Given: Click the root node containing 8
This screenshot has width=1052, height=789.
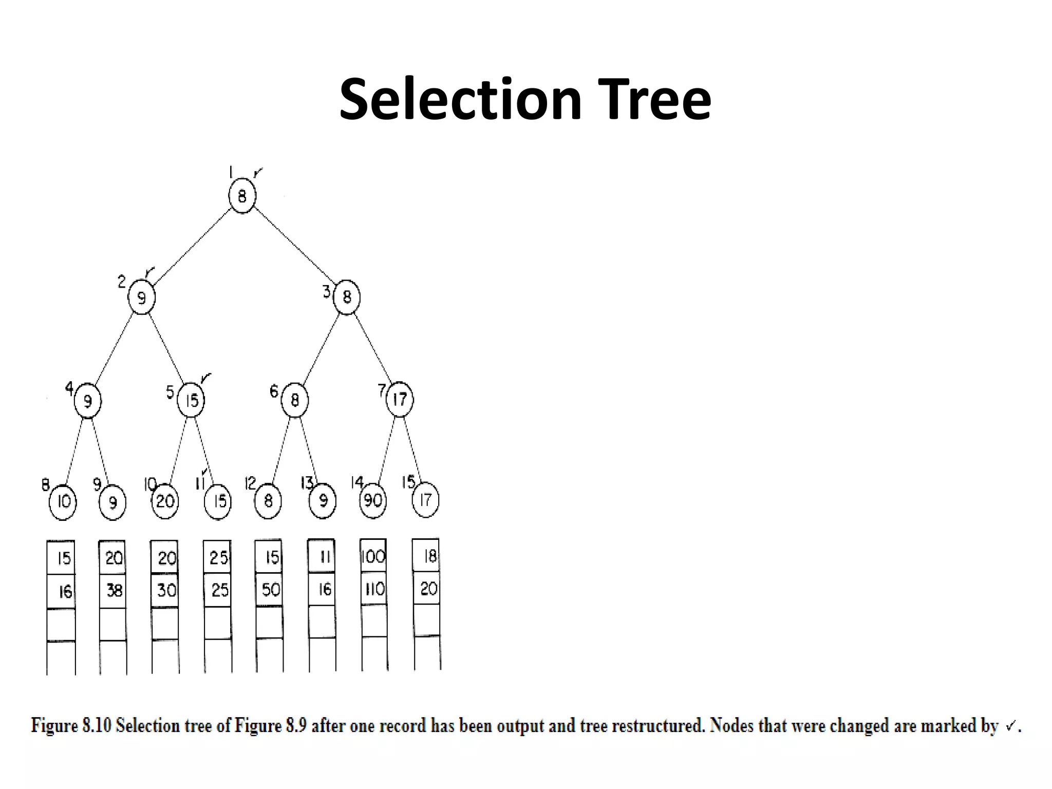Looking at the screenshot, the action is pos(242,196).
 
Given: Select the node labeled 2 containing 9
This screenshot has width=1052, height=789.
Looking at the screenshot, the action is pos(141,297).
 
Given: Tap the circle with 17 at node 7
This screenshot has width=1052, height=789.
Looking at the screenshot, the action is pos(400,399).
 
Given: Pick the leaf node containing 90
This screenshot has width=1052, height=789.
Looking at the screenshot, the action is pos(373,500).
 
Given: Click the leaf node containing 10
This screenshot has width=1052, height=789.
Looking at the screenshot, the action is pos(63,501).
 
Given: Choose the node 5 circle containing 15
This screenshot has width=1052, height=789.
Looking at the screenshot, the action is pos(191,400).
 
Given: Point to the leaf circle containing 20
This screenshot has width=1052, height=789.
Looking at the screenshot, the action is pos(165,501).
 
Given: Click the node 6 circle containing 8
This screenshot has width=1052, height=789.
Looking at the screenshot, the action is pos(295,400).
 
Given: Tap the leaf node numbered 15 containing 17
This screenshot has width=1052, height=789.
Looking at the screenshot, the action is pos(426,500).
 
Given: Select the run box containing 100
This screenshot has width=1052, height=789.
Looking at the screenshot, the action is pos(373,556).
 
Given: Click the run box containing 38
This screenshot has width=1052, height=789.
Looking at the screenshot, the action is pos(113,591).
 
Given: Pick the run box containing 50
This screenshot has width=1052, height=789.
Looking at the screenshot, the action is pos(270,589).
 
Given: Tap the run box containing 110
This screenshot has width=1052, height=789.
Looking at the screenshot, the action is pos(374,589).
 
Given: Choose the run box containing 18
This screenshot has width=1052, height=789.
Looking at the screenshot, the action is pos(426,555).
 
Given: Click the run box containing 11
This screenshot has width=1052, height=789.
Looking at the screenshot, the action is pos(322,556).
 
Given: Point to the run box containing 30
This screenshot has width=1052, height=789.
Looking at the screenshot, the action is pos(165,590).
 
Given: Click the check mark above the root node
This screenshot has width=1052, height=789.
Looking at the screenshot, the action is pos(258,172).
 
